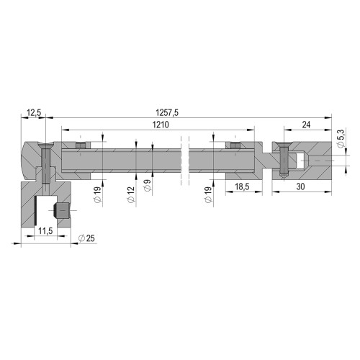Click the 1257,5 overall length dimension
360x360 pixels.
167,112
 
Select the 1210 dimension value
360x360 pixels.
161,125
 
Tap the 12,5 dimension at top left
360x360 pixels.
34,112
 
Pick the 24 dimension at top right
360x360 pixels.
306,125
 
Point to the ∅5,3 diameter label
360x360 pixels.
341,138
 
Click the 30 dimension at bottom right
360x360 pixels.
300,186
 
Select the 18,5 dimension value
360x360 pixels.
242,186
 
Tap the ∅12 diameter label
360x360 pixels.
131,194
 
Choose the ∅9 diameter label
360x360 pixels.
148,186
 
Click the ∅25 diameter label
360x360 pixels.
86,238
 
